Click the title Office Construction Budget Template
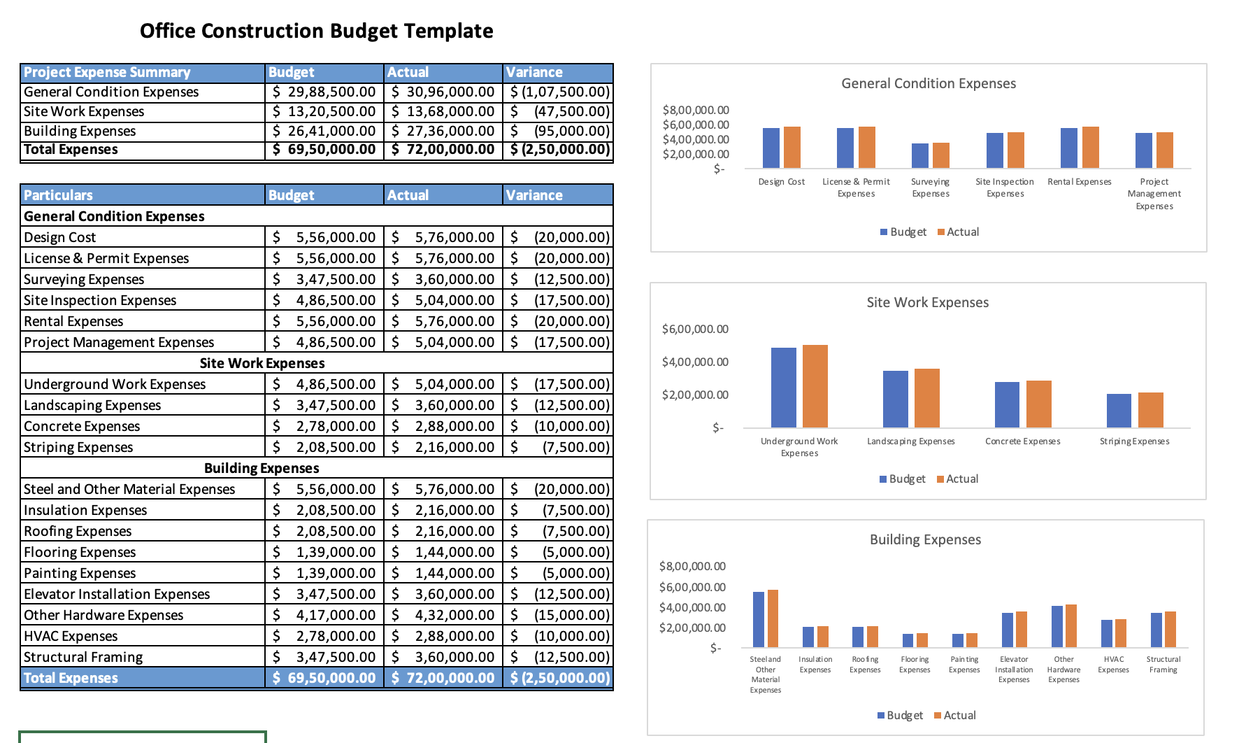click(x=316, y=31)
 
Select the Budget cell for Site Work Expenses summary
click(x=324, y=111)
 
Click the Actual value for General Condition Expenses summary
click(x=443, y=92)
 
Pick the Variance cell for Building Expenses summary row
click(x=559, y=131)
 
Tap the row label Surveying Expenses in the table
click(x=84, y=279)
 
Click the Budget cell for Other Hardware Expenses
click(x=324, y=615)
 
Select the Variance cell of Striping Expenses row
click(x=559, y=447)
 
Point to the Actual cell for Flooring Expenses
click(x=443, y=552)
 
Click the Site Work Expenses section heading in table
click(x=262, y=363)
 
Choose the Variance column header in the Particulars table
click(x=534, y=195)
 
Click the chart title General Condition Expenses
click(x=928, y=83)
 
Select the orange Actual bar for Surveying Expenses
click(x=941, y=155)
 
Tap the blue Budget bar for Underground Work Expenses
click(x=783, y=387)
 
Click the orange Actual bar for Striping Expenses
click(x=1150, y=410)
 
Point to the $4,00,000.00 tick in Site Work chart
click(x=694, y=362)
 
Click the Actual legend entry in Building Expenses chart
click(x=959, y=715)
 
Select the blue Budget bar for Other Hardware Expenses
click(x=1057, y=626)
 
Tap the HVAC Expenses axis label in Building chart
click(x=1113, y=664)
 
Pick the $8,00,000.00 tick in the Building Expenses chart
click(x=692, y=566)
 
